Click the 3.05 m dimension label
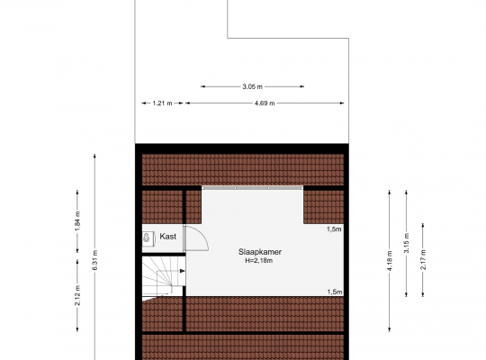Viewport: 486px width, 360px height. (252, 86)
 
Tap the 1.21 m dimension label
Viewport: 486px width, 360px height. (162, 103)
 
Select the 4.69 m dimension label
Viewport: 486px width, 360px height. (265, 103)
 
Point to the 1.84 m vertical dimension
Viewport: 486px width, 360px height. (77, 220)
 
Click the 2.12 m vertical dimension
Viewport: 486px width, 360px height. (77, 295)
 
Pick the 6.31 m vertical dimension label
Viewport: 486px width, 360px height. (94, 260)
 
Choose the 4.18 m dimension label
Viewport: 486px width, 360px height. (390, 260)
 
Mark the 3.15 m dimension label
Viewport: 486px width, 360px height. (406, 243)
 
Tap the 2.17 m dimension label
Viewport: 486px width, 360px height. (423, 259)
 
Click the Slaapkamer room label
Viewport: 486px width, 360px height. (260, 252)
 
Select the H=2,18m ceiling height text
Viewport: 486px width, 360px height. (259, 261)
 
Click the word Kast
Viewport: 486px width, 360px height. (167, 237)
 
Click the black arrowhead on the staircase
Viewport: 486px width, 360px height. (183, 271)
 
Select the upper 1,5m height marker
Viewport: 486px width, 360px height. (334, 229)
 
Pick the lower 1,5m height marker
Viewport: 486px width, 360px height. (335, 292)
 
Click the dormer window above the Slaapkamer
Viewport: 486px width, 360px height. (252, 188)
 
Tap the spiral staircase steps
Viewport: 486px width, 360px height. (164, 276)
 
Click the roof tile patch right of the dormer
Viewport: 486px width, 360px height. (324, 207)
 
